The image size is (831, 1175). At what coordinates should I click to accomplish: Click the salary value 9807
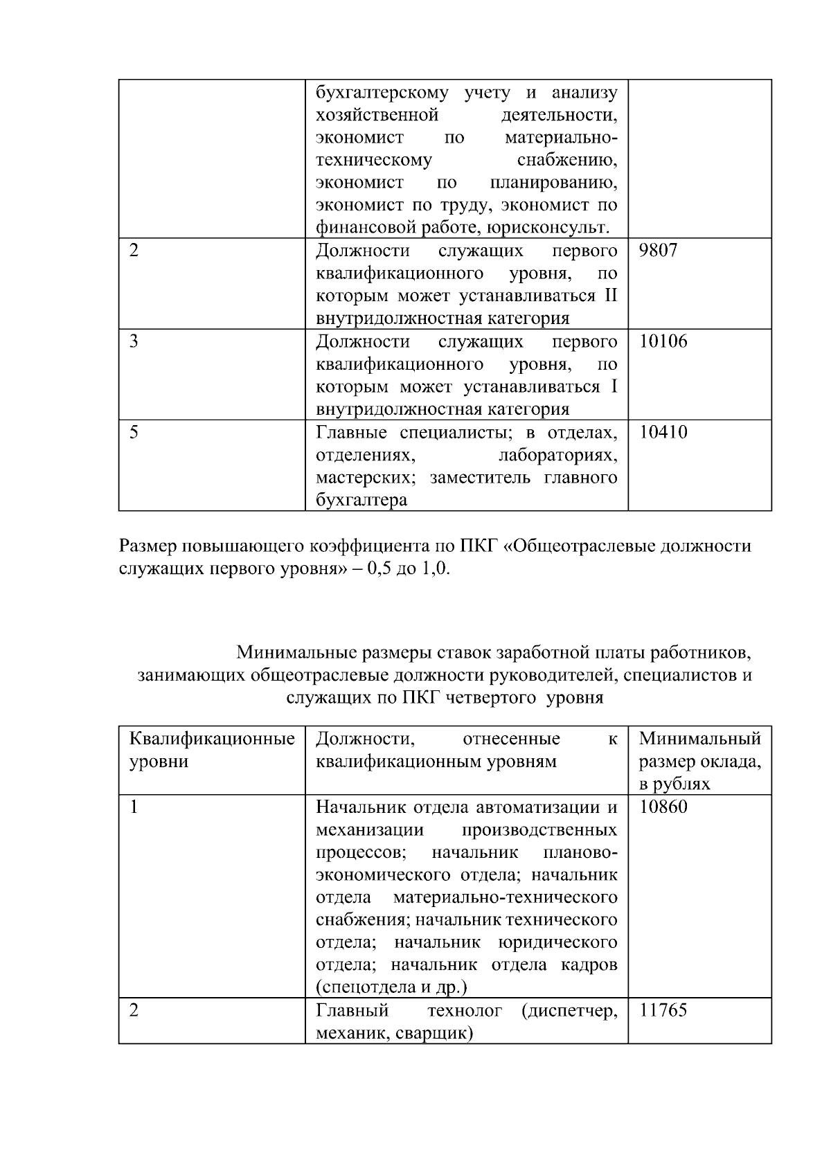(658, 250)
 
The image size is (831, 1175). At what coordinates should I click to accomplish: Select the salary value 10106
(663, 341)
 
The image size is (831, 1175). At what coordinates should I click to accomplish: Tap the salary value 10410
(663, 433)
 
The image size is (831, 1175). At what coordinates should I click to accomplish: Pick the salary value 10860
(663, 807)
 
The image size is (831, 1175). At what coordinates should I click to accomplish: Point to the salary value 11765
(663, 1010)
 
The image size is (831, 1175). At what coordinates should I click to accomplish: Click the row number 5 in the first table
(134, 433)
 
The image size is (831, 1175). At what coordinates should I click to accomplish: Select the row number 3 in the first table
(134, 341)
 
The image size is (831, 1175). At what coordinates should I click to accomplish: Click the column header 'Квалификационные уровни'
(212, 750)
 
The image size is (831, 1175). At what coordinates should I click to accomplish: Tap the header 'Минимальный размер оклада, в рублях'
(699, 761)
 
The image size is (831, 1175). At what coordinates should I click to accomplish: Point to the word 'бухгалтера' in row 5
(361, 500)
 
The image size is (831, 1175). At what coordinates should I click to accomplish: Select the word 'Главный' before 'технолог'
(352, 1010)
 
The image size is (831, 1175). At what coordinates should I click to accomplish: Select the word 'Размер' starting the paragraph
(148, 546)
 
